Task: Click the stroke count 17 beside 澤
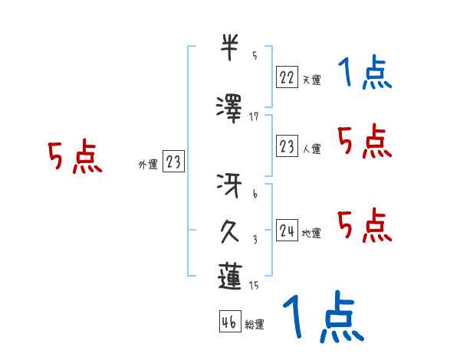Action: click(254, 116)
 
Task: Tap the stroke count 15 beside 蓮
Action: click(254, 285)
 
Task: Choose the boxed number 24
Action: click(287, 231)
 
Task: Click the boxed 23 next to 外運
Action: click(173, 162)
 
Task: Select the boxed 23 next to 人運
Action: click(287, 147)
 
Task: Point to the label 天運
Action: click(311, 80)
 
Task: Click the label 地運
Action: click(311, 234)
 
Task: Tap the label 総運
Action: click(255, 325)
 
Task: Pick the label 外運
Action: click(147, 165)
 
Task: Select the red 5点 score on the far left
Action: click(75, 158)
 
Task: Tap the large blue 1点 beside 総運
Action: click(322, 316)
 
